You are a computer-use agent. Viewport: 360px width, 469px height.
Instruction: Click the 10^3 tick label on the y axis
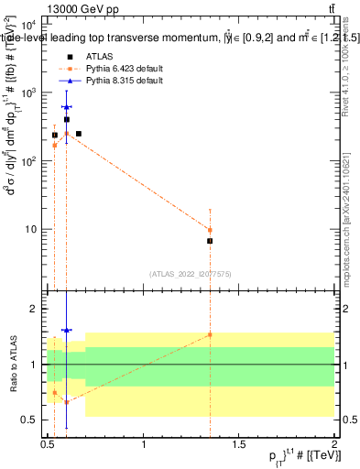29,93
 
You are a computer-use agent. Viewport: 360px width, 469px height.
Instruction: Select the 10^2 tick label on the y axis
29,161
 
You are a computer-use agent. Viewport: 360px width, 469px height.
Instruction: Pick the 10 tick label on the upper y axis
32,229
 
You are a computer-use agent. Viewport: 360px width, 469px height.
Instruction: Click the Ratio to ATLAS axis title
13,364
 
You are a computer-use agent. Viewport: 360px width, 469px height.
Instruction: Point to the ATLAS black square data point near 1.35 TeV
210,241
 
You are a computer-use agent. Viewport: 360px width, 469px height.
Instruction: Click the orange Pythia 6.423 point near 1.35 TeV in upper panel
210,230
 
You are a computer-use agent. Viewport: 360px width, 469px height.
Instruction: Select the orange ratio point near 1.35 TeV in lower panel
210,334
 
